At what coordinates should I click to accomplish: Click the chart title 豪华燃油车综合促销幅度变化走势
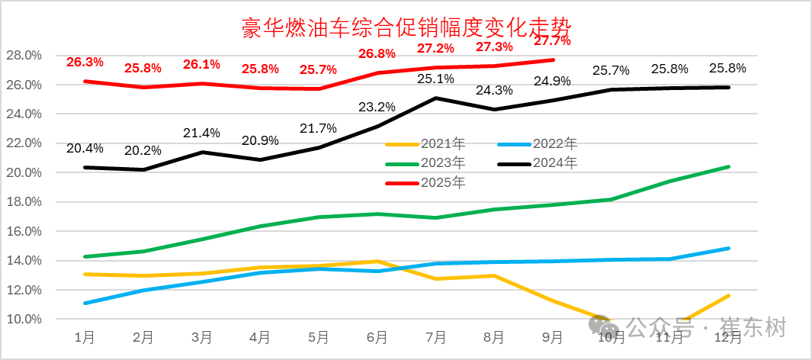[x=406, y=27]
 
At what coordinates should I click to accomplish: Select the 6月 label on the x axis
[x=377, y=336]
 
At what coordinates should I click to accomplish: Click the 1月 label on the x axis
[x=84, y=336]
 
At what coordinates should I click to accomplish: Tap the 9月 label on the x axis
[x=552, y=336]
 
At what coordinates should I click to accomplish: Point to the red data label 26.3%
[x=84, y=62]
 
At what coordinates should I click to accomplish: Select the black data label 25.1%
[x=435, y=79]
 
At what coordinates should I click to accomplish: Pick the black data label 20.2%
[x=143, y=150]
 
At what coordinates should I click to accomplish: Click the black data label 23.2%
[x=377, y=107]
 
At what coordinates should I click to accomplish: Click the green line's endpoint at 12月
[x=728, y=166]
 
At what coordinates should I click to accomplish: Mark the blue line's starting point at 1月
[x=84, y=303]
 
